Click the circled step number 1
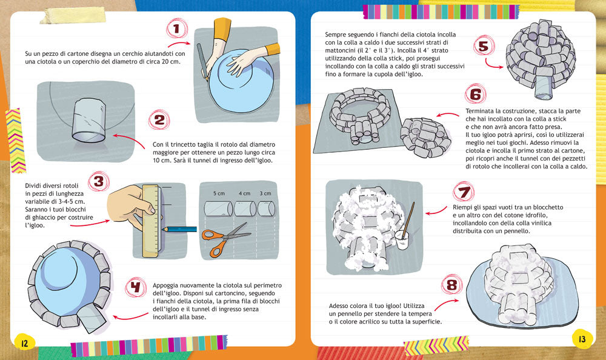pyautogui.click(x=177, y=28)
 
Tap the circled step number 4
pyautogui.click(x=135, y=287)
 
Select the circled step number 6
pyautogui.click(x=475, y=94)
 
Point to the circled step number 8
pyautogui.click(x=452, y=285)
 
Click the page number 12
pyautogui.click(x=25, y=342)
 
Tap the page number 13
pyautogui.click(x=582, y=339)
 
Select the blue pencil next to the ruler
pyautogui.click(x=180, y=229)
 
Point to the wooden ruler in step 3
pyautogui.click(x=150, y=221)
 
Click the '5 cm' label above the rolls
pyautogui.click(x=219, y=193)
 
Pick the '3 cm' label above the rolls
pyautogui.click(x=265, y=193)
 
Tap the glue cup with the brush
pyautogui.click(x=402, y=240)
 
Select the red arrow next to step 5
pyautogui.click(x=493, y=64)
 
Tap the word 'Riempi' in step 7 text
pyautogui.click(x=462, y=208)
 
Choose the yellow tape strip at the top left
pyautogui.click(x=73, y=15)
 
